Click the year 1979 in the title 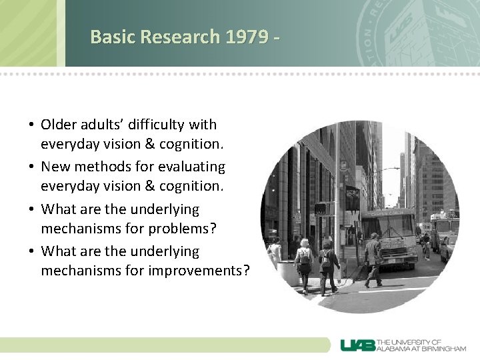247,36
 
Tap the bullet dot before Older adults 31,125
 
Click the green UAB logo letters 357,345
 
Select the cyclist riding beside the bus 425,245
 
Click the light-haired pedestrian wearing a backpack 305,261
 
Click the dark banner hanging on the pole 351,199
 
